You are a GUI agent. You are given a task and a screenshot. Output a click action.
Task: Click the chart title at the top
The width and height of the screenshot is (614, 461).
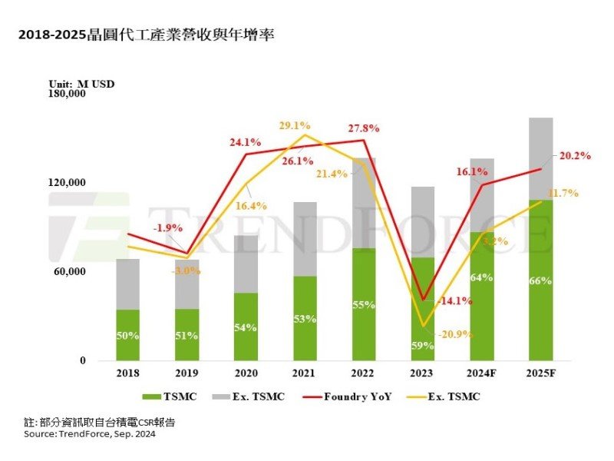(x=146, y=35)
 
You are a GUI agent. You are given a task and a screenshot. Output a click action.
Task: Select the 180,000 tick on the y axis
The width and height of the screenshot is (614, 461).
(x=68, y=94)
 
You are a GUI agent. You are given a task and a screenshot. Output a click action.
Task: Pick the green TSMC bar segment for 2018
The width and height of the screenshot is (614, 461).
(x=127, y=335)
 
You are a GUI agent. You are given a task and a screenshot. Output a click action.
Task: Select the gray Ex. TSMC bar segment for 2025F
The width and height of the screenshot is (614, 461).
(x=540, y=158)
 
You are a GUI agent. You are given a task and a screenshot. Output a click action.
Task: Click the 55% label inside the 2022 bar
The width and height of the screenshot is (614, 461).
(x=364, y=305)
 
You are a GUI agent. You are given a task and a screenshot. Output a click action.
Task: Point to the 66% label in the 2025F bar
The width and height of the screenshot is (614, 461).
(x=540, y=281)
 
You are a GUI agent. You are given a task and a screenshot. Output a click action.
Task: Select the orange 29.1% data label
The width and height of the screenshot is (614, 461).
(x=295, y=124)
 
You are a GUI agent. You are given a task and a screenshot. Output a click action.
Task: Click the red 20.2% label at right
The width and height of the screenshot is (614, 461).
(x=575, y=156)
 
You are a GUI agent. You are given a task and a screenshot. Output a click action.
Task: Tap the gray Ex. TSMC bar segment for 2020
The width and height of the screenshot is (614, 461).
(x=246, y=264)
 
